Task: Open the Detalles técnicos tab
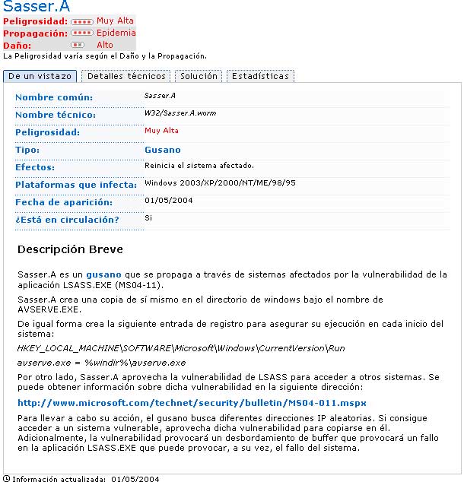click(126, 76)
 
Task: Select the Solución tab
click(199, 76)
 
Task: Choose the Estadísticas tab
click(260, 76)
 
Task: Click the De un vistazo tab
click(40, 76)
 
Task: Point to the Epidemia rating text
click(116, 33)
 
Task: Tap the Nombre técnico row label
click(56, 115)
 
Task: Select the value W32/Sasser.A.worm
click(180, 113)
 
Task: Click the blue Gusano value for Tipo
click(163, 150)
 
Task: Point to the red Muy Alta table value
click(161, 131)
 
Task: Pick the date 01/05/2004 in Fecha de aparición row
click(169, 201)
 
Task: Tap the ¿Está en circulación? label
click(67, 220)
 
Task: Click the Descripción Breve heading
click(70, 249)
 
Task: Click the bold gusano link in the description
click(103, 274)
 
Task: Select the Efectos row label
click(35, 167)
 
